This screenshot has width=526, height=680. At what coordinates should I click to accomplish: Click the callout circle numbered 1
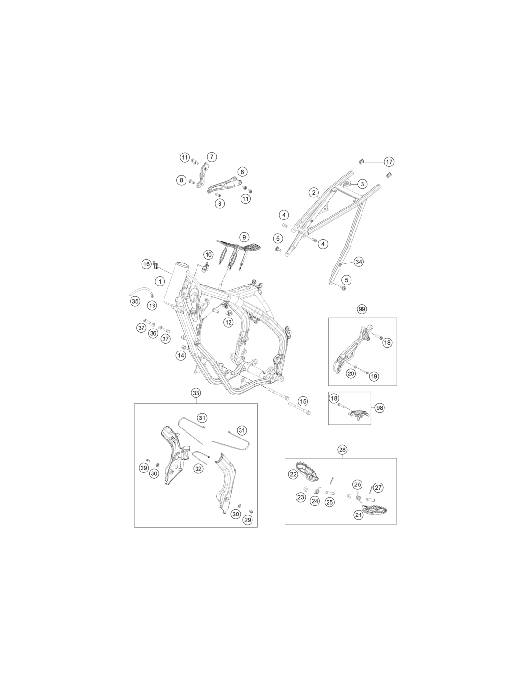pos(160,282)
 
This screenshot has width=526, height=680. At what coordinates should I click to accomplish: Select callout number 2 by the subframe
pos(314,192)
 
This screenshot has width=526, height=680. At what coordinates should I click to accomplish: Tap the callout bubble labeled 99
pos(362,309)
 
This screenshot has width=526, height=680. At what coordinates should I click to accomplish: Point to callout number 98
pos(380,408)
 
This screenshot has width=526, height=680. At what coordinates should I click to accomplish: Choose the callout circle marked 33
pos(196,393)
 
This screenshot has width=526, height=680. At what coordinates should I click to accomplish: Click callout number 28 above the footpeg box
pos(342,450)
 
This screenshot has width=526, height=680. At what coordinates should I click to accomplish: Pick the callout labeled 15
pos(303,401)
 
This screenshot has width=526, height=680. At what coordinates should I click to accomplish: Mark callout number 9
pos(244,237)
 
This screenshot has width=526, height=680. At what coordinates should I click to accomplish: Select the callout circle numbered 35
pos(135,302)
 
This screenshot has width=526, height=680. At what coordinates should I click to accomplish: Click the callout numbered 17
pos(389,162)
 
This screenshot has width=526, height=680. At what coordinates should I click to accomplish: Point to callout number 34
pos(359,261)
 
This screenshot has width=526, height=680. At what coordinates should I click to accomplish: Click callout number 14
pos(181,355)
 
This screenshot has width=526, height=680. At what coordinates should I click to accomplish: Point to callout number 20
pos(351,373)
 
